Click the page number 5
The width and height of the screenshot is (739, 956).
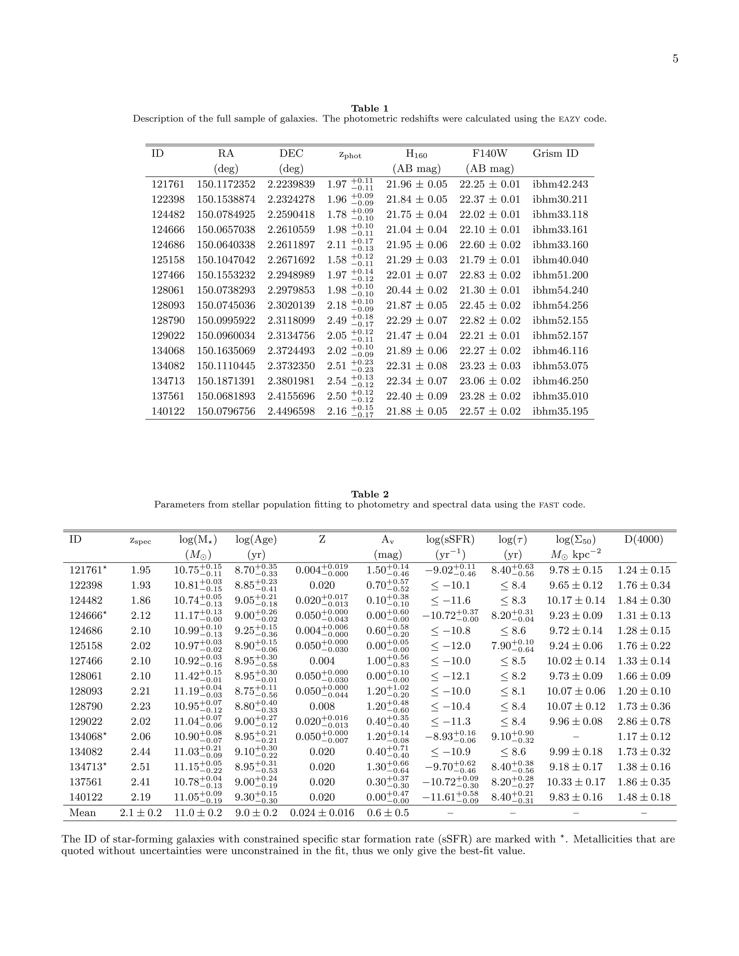[x=675, y=59]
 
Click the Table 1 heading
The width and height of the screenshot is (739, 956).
[x=369, y=108]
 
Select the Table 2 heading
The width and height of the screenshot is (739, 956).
[x=369, y=494]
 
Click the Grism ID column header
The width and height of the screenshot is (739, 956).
[x=555, y=153]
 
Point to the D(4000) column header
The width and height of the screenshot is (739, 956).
[x=643, y=539]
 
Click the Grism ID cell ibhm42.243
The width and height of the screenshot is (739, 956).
[x=560, y=184]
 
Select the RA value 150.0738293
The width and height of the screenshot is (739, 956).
[x=226, y=290]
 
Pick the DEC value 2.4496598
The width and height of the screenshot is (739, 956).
[x=291, y=411]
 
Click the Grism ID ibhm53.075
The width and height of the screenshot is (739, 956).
[x=560, y=365]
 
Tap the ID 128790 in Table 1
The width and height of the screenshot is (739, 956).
[x=168, y=320]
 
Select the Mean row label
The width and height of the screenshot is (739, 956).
[x=82, y=813]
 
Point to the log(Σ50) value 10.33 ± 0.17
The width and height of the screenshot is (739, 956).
[x=576, y=782]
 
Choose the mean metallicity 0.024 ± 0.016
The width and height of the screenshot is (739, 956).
[x=322, y=813]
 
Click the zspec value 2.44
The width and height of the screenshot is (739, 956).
[x=140, y=751]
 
